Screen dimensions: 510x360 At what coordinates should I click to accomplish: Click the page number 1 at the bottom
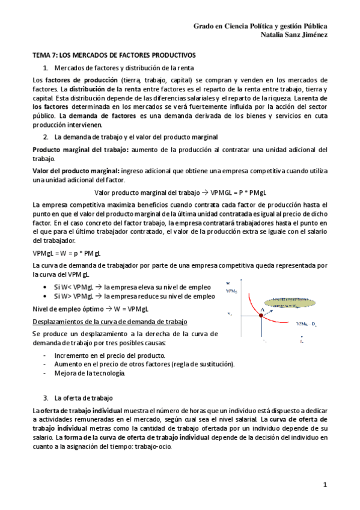pos(325,484)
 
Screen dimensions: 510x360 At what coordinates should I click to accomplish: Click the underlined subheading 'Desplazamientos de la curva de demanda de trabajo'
pos(109,321)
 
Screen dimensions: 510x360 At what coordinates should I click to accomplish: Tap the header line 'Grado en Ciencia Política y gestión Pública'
pos(260,26)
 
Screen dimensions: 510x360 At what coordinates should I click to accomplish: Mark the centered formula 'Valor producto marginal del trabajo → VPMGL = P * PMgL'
pos(180,192)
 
